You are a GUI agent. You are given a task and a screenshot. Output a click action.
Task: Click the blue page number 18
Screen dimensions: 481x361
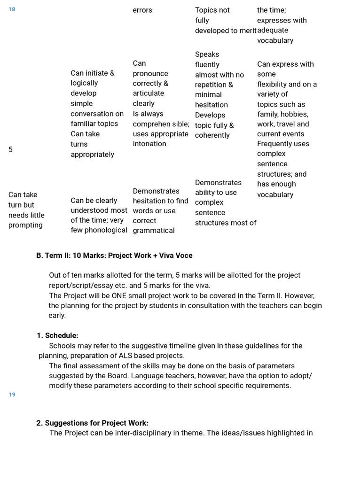(12, 9)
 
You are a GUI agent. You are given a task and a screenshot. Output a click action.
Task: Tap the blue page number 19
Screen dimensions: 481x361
(12, 395)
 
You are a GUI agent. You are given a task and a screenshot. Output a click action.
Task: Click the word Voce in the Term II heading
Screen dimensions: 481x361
(182, 256)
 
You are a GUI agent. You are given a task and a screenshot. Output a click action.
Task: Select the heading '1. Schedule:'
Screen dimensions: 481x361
(57, 335)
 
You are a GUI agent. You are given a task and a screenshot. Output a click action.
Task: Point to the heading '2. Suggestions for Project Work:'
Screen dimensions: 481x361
(92, 423)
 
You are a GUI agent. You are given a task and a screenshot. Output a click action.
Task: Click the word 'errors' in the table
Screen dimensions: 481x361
(142, 10)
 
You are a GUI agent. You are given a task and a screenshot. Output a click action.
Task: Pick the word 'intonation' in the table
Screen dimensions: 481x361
(149, 144)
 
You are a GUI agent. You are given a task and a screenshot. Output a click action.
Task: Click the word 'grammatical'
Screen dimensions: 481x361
(153, 230)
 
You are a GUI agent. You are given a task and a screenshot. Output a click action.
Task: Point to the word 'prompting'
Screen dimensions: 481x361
(25, 225)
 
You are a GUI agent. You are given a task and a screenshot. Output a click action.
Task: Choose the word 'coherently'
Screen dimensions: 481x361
(212, 135)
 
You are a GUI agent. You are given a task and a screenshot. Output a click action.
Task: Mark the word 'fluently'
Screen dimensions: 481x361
(207, 64)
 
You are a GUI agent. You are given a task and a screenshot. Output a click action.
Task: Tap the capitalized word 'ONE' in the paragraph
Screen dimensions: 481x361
(119, 295)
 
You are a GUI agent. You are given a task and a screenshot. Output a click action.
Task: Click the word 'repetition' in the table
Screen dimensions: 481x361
(211, 85)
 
